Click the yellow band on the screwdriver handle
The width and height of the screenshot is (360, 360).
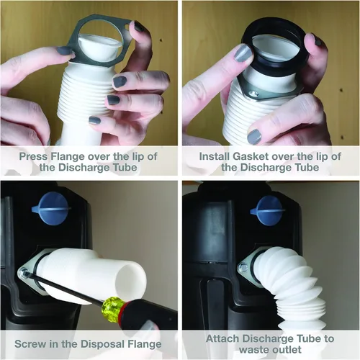click(110, 307)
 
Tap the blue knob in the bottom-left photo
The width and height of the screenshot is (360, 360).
click(51, 209)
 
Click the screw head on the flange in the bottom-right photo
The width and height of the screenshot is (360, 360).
click(243, 267)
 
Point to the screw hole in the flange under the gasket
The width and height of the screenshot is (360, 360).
click(253, 93)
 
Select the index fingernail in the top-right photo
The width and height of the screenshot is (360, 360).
click(243, 54)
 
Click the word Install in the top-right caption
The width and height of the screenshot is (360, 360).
click(215, 156)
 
